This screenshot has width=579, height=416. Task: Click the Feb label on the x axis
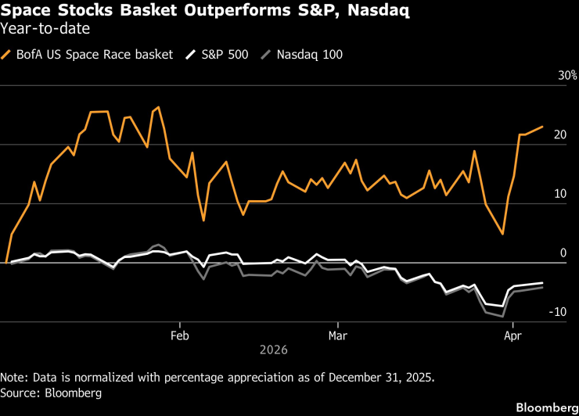coord(181,335)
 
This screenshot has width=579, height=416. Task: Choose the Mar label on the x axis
coord(338,335)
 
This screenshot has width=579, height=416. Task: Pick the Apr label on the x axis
coord(512,335)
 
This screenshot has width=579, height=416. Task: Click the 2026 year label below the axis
coord(275,350)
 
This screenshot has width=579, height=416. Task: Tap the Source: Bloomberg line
coord(51,393)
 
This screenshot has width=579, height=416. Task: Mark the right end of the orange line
coord(542,127)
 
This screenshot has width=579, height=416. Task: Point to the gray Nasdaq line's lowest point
coord(502,317)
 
